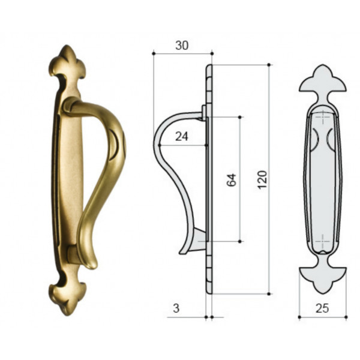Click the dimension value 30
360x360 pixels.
click(x=182, y=46)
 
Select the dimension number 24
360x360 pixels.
click(x=182, y=137)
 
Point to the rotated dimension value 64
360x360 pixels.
click(x=232, y=180)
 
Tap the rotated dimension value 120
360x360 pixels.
click(x=262, y=180)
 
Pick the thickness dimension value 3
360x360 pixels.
click(x=176, y=308)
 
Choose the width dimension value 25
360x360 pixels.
click(x=322, y=308)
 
